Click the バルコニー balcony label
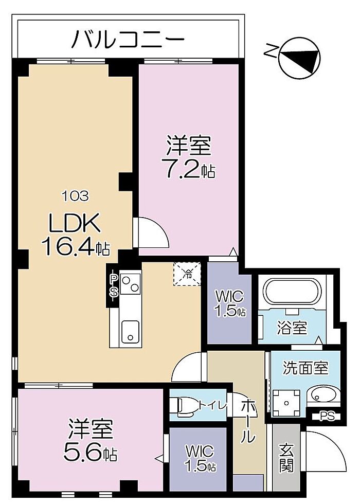[128, 39]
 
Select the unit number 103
[75, 196]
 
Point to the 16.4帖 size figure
[76, 247]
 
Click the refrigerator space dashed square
[187, 274]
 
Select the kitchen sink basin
[131, 331]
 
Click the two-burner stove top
[130, 284]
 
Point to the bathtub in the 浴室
[292, 292]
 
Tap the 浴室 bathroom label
[292, 328]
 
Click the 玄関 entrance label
[286, 458]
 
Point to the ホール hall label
[248, 421]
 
